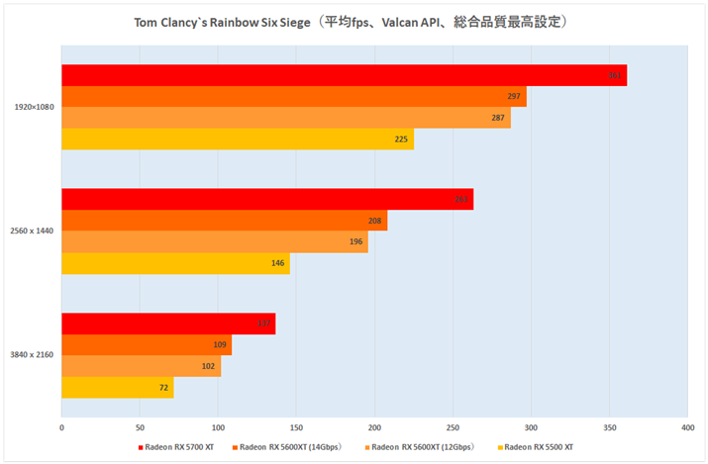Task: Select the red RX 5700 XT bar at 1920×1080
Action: point(343,75)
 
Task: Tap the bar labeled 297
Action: point(293,97)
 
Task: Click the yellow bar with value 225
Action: point(237,139)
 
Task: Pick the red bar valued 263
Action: point(266,200)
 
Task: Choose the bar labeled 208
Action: point(223,221)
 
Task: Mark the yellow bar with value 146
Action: point(174,264)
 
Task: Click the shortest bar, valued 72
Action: point(117,388)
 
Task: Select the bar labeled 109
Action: point(146,345)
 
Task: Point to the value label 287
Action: point(498,119)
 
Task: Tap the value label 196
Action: point(355,242)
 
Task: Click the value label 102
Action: point(209,367)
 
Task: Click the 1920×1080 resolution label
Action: point(34,107)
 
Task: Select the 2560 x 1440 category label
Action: point(34,232)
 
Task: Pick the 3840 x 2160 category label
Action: point(34,355)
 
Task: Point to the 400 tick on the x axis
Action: point(686,427)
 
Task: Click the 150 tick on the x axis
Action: point(296,427)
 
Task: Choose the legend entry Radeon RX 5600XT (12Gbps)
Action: point(421,447)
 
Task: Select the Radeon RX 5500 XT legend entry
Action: point(539,447)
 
